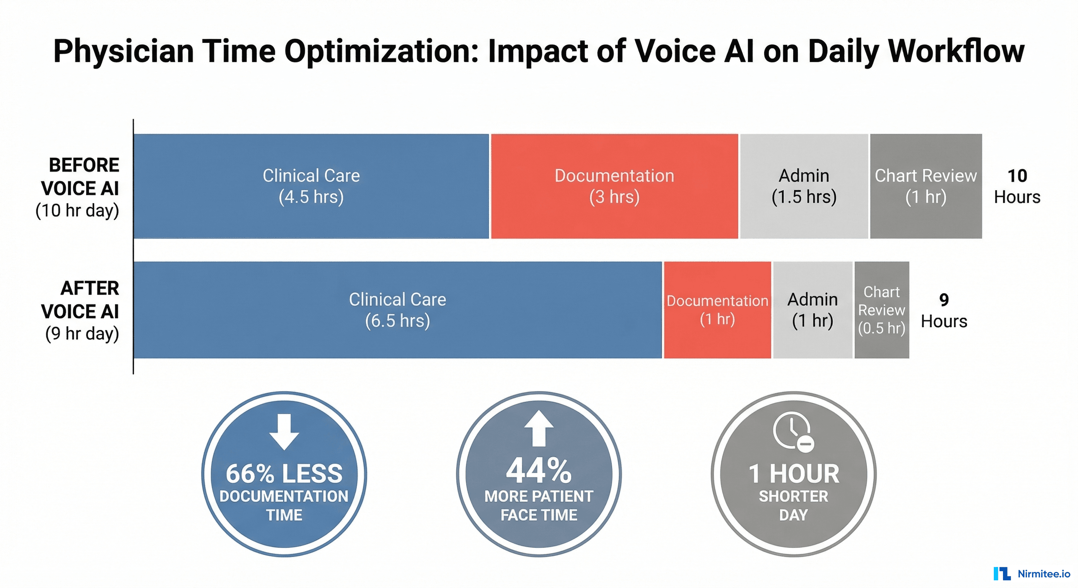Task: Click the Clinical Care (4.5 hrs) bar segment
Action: point(311,186)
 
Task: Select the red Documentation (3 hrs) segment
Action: point(614,186)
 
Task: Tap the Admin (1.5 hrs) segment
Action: point(804,186)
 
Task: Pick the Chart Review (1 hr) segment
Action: point(926,186)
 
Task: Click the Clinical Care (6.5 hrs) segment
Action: point(398,310)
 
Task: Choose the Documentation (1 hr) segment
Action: point(717,310)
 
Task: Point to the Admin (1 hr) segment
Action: point(812,310)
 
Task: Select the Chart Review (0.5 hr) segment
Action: point(881,310)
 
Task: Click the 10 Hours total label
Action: point(1017,186)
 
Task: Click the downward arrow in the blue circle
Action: point(284,431)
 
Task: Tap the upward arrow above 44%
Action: point(539,428)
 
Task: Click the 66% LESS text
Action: point(284,474)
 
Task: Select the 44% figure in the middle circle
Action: point(539,470)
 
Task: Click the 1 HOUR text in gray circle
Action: point(794,474)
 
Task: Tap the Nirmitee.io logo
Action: point(1032,573)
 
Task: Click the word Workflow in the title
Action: point(956,51)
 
